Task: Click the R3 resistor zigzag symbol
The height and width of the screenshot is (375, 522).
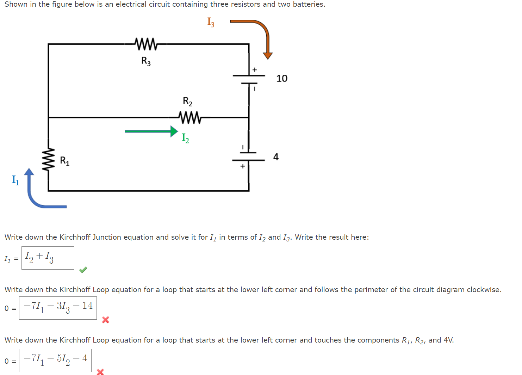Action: click(146, 44)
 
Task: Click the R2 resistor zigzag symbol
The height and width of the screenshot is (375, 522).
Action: click(190, 117)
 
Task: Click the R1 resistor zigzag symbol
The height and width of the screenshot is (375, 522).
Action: click(48, 160)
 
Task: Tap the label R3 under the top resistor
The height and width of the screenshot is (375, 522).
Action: click(146, 61)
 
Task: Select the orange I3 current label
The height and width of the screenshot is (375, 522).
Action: click(211, 22)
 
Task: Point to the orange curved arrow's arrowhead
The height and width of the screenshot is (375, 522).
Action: click(268, 55)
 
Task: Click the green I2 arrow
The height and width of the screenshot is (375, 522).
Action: click(151, 131)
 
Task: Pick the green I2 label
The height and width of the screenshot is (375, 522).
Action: click(185, 138)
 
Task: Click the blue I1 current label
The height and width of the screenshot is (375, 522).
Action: click(15, 180)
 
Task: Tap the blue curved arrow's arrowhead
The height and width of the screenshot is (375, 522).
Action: click(29, 172)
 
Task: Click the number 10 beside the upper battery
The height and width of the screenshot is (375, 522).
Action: click(282, 78)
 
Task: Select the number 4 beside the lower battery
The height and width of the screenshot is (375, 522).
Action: click(276, 157)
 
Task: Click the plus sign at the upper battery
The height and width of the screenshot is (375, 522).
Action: click(255, 70)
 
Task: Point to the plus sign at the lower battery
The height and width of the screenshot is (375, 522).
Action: click(242, 166)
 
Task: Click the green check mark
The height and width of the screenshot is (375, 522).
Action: click(83, 270)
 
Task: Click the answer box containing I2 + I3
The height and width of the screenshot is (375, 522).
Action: click(48, 258)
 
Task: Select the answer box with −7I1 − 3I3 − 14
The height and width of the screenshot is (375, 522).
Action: click(58, 308)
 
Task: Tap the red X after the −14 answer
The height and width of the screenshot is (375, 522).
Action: click(105, 320)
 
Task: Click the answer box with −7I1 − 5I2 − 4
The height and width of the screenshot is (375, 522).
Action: click(55, 360)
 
